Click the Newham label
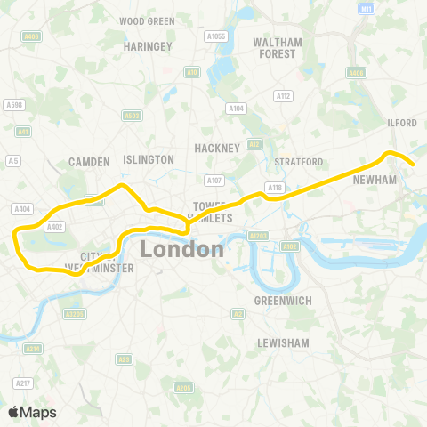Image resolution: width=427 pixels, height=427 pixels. tap(373, 179)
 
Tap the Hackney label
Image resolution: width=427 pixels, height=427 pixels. tap(218, 148)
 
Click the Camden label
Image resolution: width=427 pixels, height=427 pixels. tap(89, 162)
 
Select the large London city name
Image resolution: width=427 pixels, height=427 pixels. tap(181, 249)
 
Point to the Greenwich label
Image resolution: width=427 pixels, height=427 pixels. tap(282, 301)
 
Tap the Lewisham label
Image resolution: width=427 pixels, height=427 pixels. tap(282, 342)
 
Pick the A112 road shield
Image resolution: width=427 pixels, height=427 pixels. tap(284, 96)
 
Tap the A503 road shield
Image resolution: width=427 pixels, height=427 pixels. tap(133, 115)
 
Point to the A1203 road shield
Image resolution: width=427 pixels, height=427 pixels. tap(259, 236)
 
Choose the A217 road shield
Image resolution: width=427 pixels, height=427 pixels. tap(22, 383)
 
